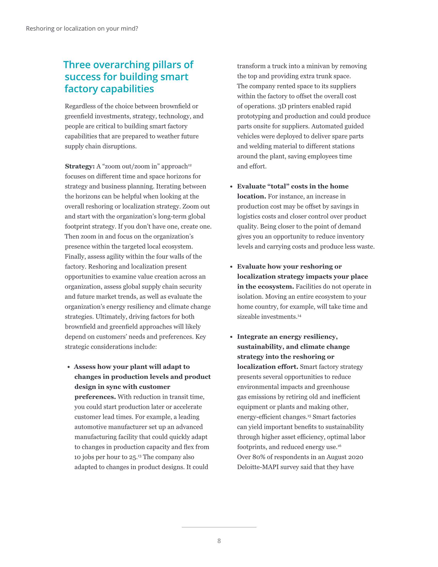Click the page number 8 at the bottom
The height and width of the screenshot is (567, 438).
coord(219,541)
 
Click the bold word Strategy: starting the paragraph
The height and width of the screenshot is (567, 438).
coord(80,166)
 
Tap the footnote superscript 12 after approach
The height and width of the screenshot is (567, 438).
coord(190,165)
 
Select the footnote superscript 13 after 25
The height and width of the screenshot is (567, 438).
coord(139,456)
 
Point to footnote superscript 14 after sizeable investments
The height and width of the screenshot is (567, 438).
coord(299,316)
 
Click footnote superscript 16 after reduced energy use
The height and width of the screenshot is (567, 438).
coord(339,446)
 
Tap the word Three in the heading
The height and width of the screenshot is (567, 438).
coord(77,65)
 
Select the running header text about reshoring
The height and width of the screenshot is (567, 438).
coord(82,29)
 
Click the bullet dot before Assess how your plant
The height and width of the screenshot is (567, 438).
coord(69,367)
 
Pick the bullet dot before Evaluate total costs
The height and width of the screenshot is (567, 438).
coord(231,187)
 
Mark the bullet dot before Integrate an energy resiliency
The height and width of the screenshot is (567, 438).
coord(231,337)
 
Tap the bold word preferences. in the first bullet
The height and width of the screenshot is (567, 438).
coord(95,397)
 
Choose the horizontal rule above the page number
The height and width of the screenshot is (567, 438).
coord(219,527)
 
